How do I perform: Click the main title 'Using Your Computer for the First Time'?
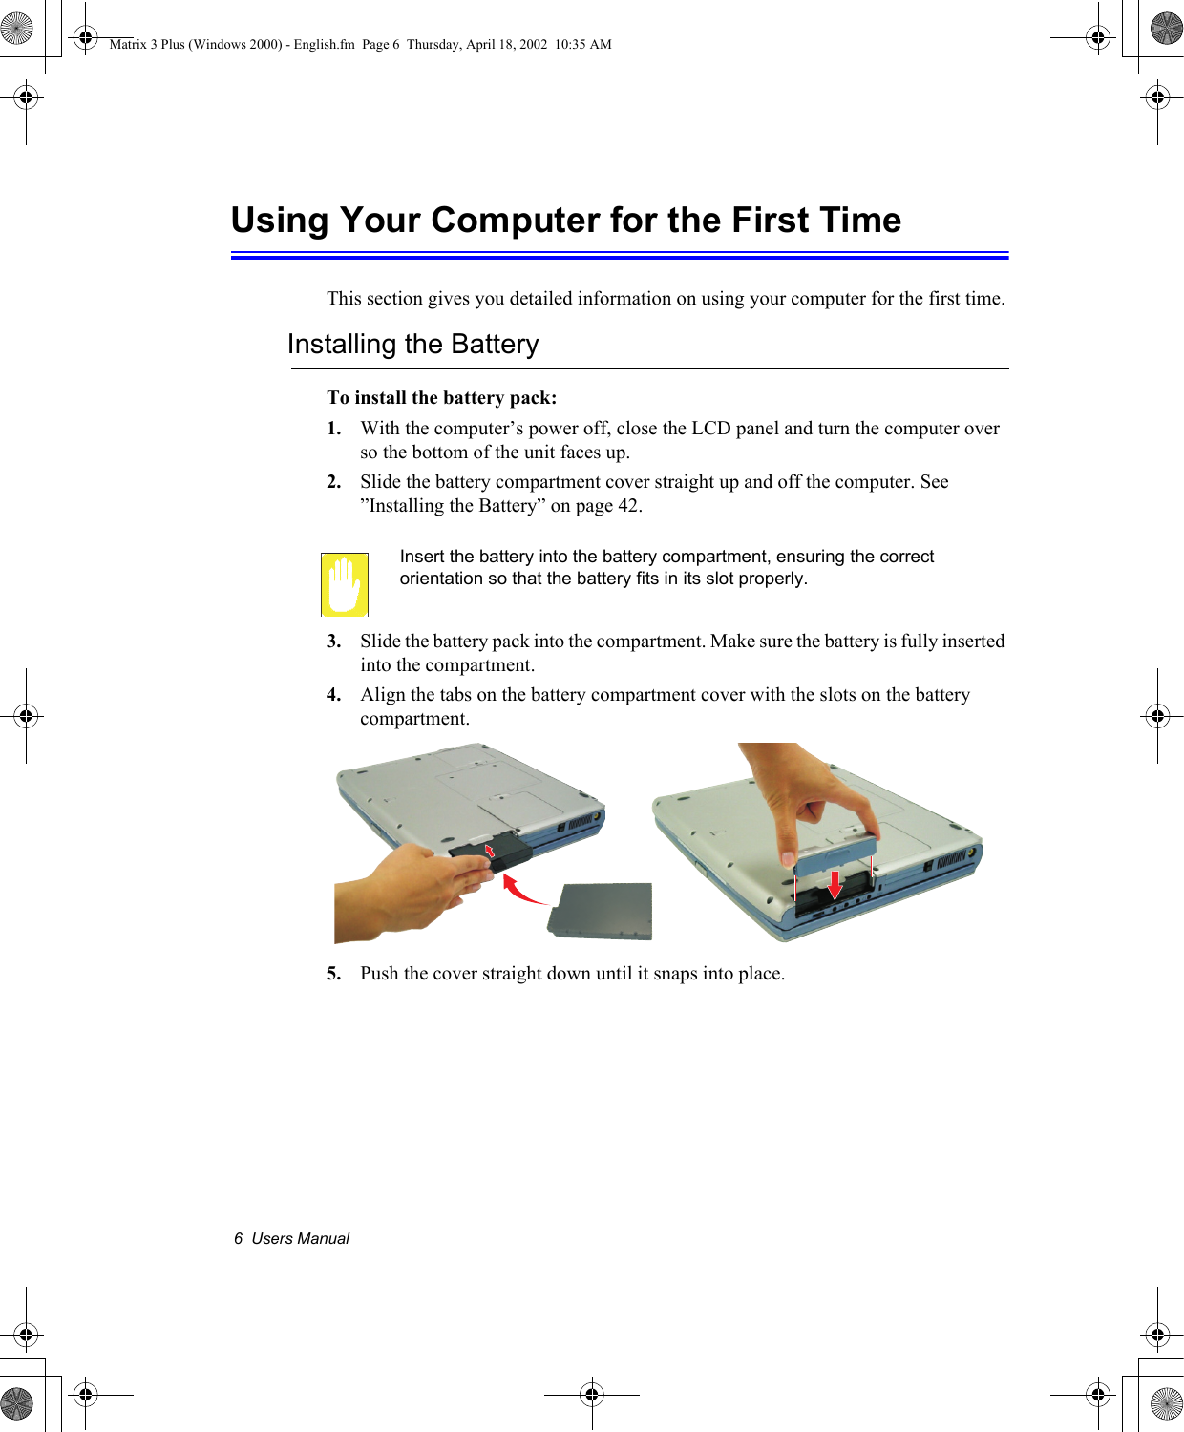click(565, 221)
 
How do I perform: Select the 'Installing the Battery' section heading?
click(412, 345)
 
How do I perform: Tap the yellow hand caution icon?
click(344, 584)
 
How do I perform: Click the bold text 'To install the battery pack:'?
click(441, 398)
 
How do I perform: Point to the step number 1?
click(333, 429)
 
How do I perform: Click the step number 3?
click(333, 642)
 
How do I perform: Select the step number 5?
click(333, 974)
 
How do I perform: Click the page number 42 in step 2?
click(628, 506)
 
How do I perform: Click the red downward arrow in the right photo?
click(835, 884)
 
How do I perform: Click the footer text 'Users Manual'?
click(300, 1239)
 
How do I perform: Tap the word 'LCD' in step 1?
click(710, 429)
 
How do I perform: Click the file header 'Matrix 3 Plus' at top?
click(147, 44)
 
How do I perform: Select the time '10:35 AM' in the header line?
click(582, 44)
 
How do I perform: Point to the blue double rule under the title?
click(620, 255)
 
